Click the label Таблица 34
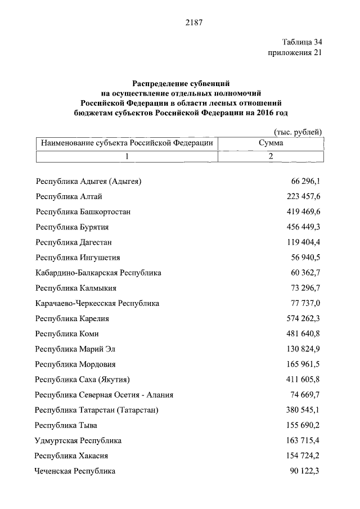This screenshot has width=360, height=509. point(302,42)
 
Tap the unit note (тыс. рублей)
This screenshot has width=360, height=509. point(298,132)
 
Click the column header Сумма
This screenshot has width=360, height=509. point(271,143)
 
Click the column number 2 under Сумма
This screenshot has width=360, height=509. point(271,156)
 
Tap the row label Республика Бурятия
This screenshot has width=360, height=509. point(72,227)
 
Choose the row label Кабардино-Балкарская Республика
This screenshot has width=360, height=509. point(98,273)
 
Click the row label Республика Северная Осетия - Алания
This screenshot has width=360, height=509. point(103,395)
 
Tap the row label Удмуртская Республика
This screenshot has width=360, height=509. point(78,440)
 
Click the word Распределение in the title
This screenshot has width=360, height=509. point(156,83)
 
